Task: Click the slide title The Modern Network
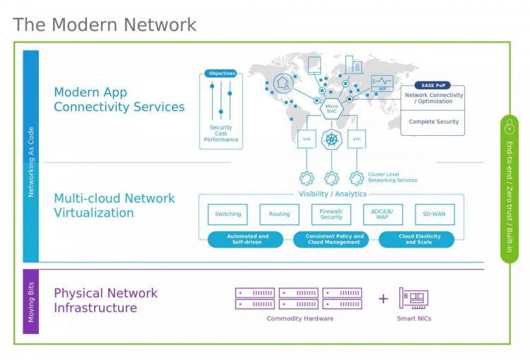pos(105,25)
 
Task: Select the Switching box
pos(228,214)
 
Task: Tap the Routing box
pos(279,214)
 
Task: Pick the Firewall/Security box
pos(331,214)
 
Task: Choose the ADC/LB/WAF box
pos(383,214)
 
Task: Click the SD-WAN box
pos(435,214)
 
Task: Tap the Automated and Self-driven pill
pos(247,240)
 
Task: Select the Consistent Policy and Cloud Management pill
pos(334,240)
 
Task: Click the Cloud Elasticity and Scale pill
pos(416,240)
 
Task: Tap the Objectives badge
pos(220,74)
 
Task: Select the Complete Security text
pos(433,122)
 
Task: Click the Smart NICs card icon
pos(413,298)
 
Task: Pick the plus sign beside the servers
pos(383,298)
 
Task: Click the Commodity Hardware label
pos(300,318)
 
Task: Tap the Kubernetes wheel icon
pos(331,139)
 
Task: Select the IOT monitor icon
pos(382,82)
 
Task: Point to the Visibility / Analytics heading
pos(331,194)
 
